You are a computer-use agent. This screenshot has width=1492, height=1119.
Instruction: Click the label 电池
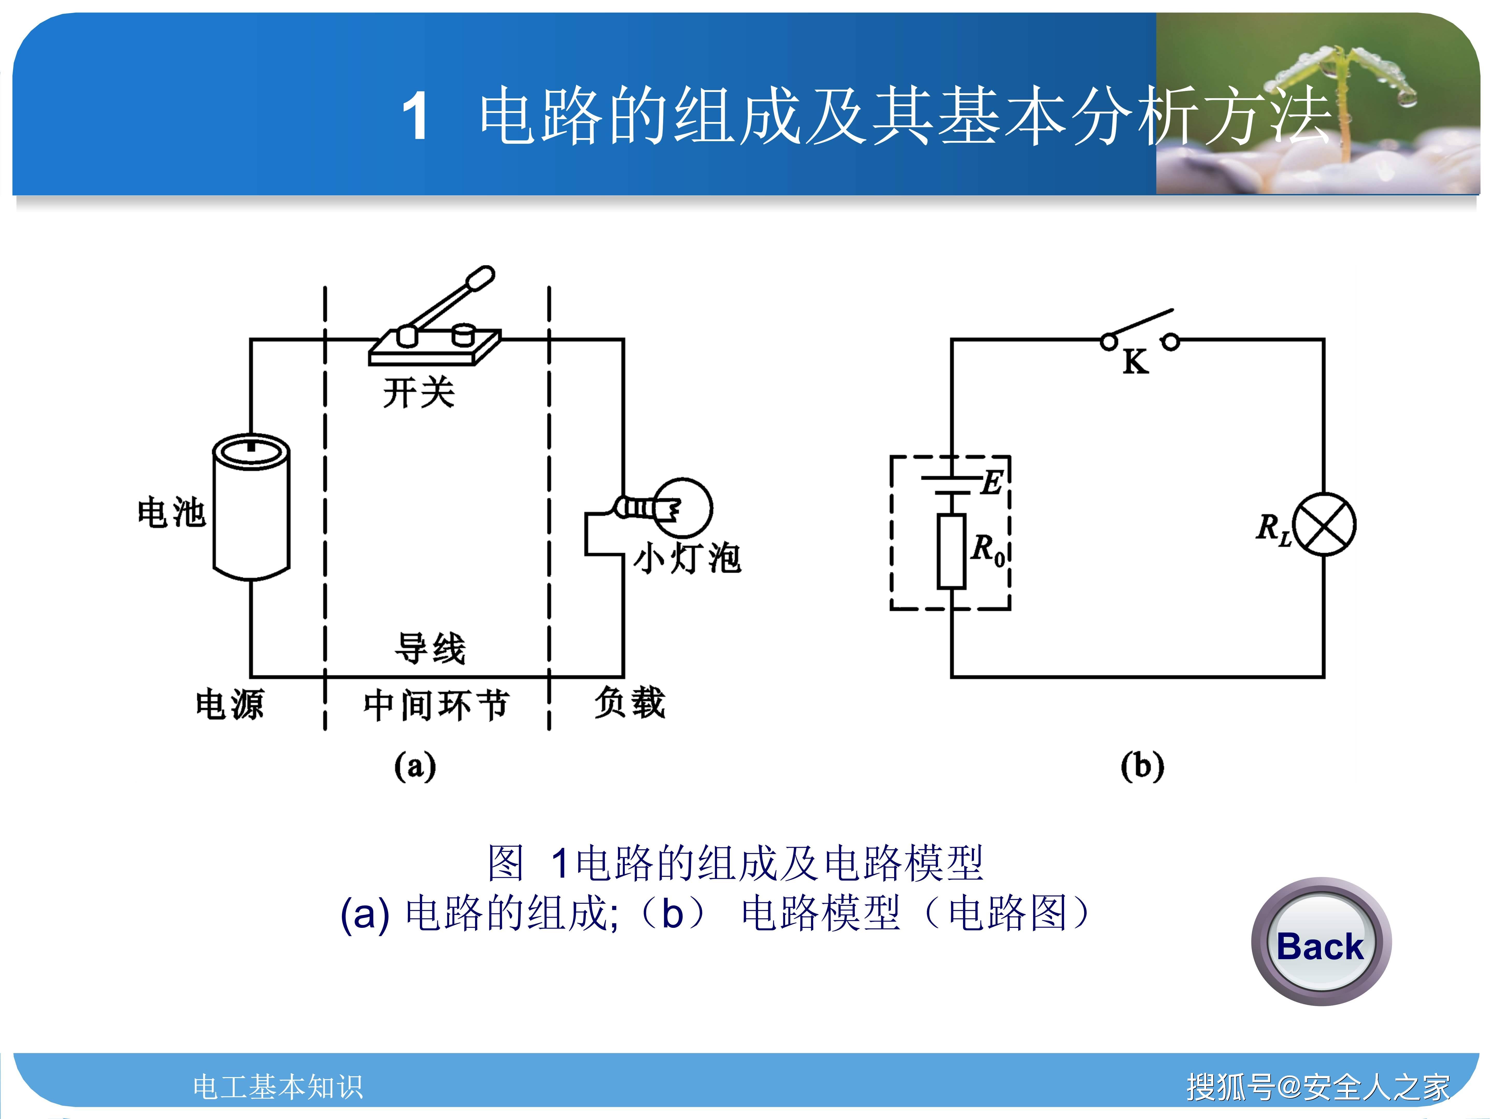click(x=171, y=513)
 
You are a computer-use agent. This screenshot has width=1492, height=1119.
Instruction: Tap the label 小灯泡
click(x=687, y=558)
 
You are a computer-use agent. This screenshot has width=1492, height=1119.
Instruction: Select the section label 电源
click(x=229, y=705)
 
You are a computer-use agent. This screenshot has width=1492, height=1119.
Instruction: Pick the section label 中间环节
click(x=436, y=705)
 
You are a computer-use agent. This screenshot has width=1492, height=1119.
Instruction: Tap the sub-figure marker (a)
click(x=415, y=766)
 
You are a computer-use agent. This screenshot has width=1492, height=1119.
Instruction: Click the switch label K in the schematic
click(x=1135, y=363)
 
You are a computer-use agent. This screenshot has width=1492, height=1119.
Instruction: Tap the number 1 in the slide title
click(x=415, y=116)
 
